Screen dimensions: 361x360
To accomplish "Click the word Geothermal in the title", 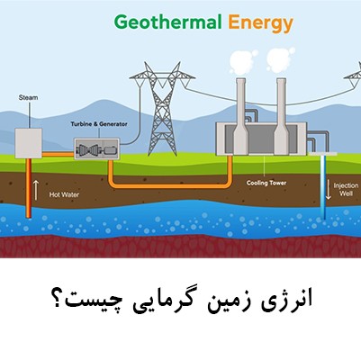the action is (168, 22).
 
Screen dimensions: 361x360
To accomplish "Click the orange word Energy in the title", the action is (260, 24).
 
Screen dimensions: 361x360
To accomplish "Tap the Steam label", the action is (28, 97).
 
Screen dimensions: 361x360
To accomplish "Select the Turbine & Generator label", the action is (99, 124).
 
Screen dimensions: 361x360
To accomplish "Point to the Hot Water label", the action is (64, 194).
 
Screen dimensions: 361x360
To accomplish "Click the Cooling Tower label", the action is (266, 183).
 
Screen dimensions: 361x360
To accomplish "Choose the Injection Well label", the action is (346, 190).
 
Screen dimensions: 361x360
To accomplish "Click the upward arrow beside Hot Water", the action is (36, 191).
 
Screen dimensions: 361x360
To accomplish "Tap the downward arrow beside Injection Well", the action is (329, 190).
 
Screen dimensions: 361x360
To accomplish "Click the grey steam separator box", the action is (29, 143).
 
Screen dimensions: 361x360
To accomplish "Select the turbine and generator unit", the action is (97, 148).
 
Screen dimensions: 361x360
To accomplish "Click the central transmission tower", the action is (162, 109).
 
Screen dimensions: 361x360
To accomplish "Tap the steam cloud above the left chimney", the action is (242, 62).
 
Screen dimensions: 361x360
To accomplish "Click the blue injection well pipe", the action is (323, 187).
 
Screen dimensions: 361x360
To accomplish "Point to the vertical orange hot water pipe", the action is (29, 188).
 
